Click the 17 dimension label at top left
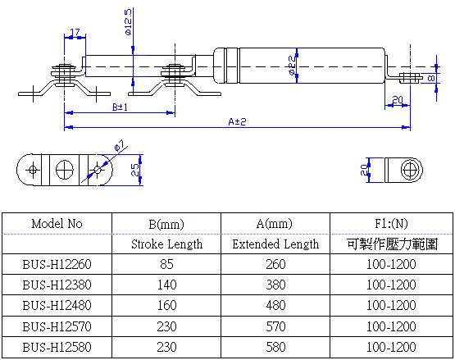(75, 34)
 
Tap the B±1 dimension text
(119, 107)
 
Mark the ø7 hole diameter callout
(119, 146)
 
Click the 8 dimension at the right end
(432, 78)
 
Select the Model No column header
(57, 223)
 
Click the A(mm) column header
(274, 223)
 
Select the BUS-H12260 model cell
(57, 265)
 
